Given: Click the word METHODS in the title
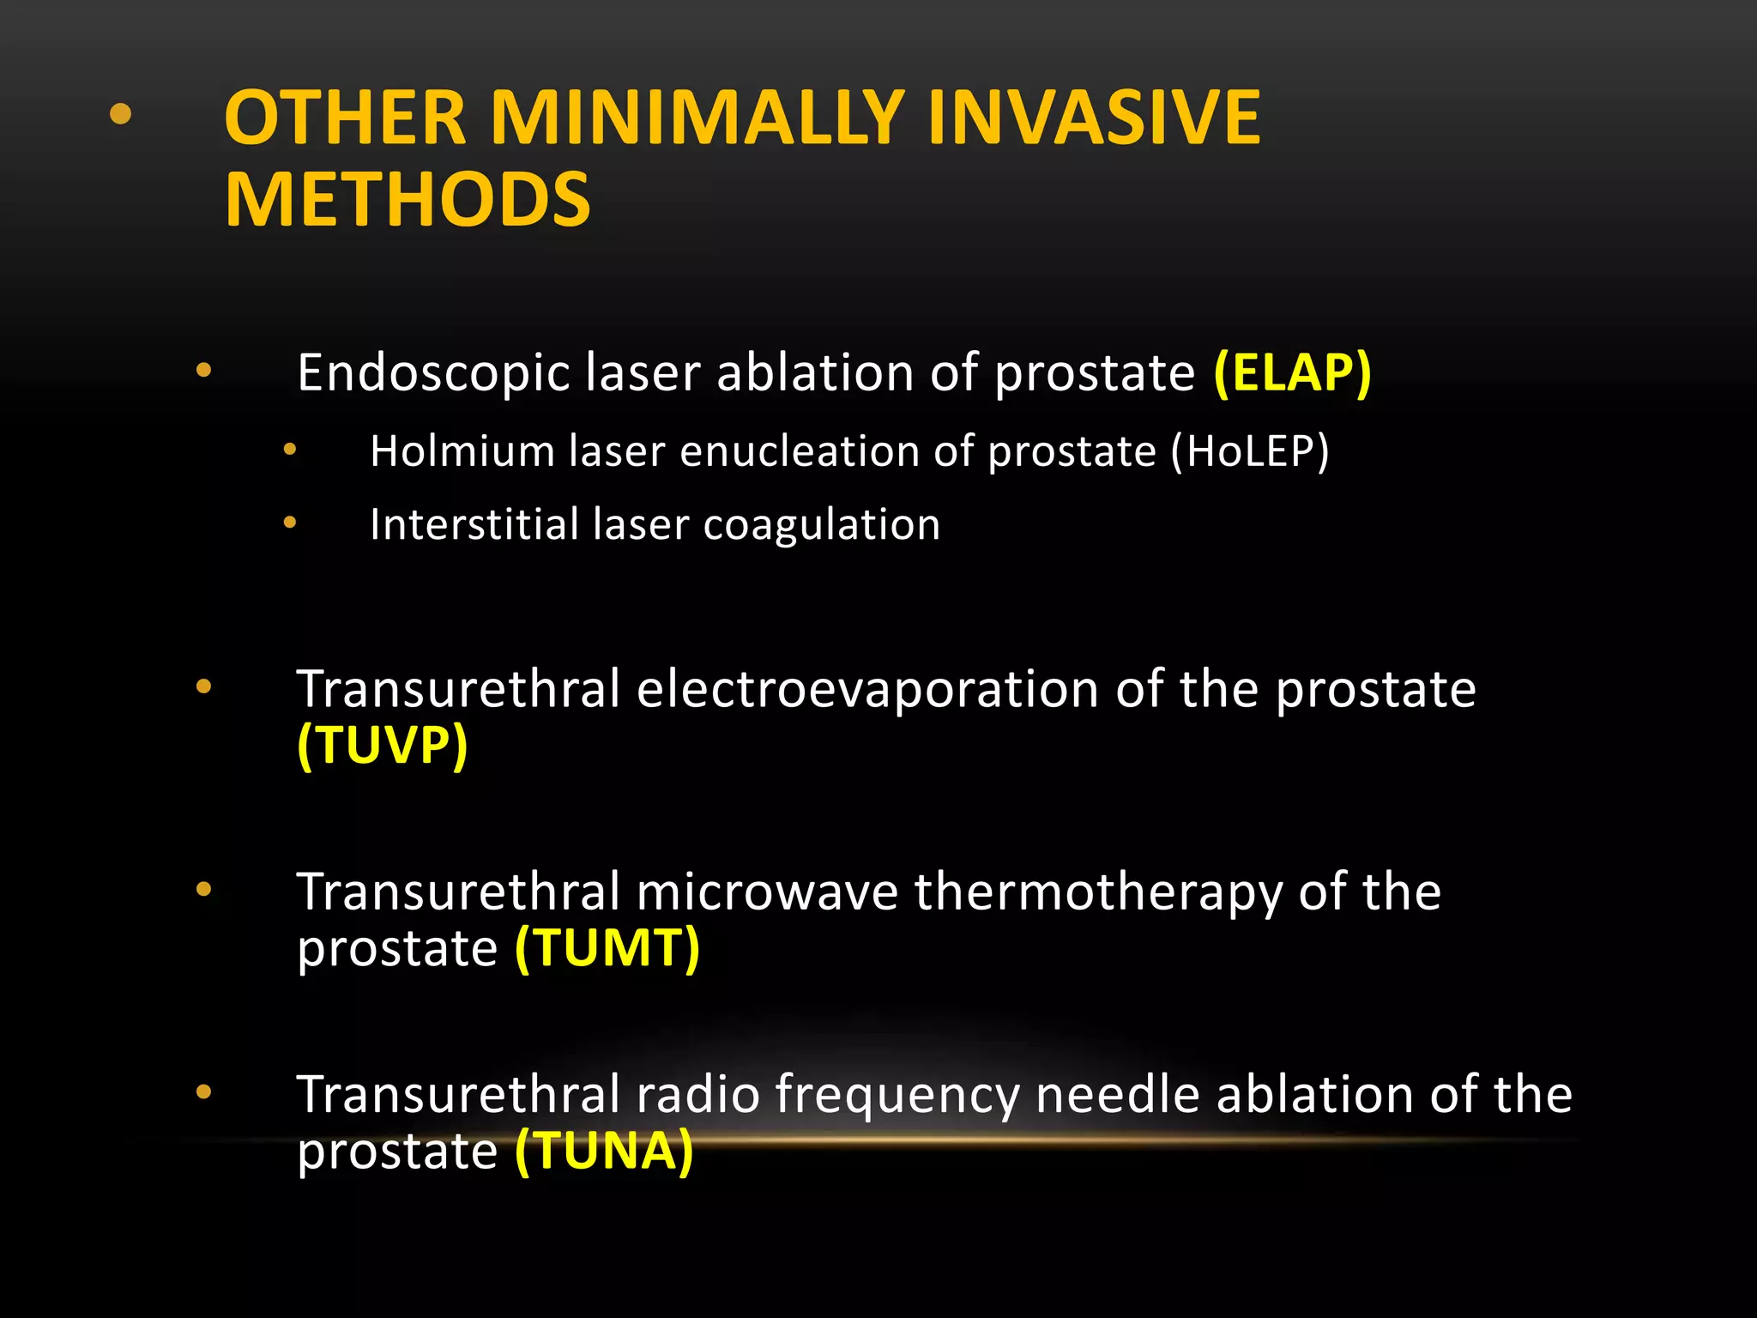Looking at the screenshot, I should pos(408,199).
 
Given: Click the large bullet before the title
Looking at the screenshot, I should pos(121,114).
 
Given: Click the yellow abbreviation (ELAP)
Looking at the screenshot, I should pos(1292,373).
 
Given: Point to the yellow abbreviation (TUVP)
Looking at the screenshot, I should pos(383,745).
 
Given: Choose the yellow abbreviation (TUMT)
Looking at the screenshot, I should pos(607,948).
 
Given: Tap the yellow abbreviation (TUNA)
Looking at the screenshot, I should pos(604,1151).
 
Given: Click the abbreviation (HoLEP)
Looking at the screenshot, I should pos(1251,451).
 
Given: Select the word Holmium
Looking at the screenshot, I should pos(462,451).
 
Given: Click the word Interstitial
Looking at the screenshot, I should pos(474,524).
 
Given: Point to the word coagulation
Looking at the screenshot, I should pos(821,525).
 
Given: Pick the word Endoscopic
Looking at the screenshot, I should pos(433,373).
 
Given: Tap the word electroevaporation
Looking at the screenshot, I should pos(867,690).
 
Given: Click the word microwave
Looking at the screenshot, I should pos(767,892).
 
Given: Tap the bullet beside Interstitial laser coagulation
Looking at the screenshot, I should pos(290,522).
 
